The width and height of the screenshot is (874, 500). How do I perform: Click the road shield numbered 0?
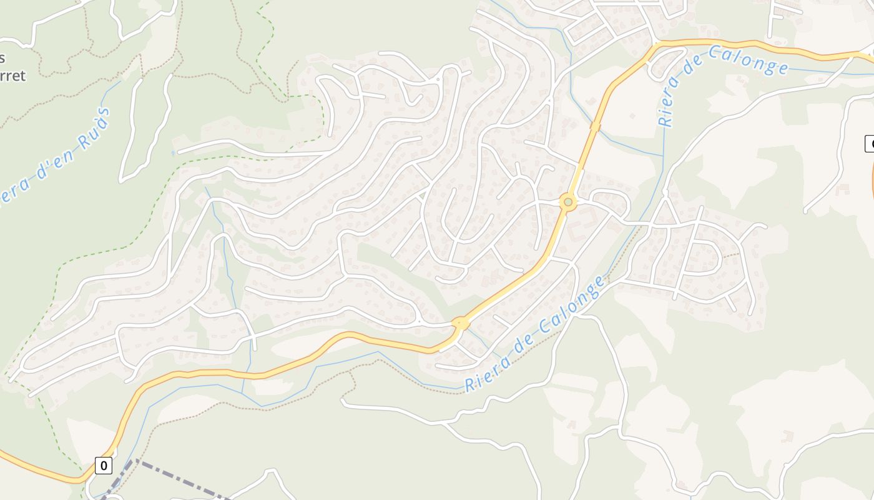[x=104, y=465]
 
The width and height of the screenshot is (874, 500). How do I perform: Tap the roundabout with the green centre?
[x=567, y=202]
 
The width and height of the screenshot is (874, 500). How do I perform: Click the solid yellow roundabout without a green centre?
[x=461, y=323]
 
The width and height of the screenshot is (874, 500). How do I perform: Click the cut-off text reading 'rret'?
[x=13, y=76]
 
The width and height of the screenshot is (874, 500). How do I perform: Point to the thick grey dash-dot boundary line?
[x=181, y=480]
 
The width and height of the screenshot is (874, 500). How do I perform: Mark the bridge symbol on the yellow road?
[x=596, y=127]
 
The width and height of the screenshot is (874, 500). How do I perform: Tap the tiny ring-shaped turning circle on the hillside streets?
[x=438, y=80]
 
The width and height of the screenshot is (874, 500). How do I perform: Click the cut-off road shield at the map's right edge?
[x=869, y=143]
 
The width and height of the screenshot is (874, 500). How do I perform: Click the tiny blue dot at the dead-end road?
[x=173, y=152]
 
